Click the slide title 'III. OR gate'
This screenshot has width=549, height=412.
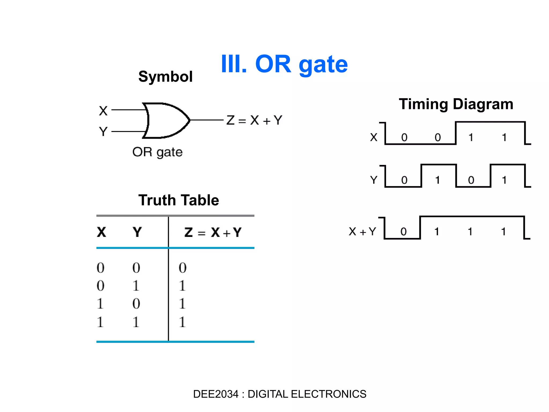[284, 64]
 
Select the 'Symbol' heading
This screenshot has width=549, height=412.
[165, 77]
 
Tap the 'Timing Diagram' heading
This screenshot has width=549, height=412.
[456, 104]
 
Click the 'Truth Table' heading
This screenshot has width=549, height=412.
[179, 200]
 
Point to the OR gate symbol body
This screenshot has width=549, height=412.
[165, 120]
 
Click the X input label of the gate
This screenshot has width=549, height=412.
[103, 111]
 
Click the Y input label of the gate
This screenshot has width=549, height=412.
[103, 131]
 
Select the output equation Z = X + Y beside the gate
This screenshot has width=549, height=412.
[254, 120]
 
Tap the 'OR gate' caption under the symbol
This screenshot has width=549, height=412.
[157, 152]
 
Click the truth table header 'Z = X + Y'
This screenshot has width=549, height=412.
[213, 232]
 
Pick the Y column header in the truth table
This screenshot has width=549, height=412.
[137, 232]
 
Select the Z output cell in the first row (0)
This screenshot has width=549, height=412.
[183, 268]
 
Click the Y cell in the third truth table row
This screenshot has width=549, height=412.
[136, 304]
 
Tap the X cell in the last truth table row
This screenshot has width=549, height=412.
[100, 322]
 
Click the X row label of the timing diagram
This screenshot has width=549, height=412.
[374, 137]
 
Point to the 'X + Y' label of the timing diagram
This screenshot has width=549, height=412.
[362, 231]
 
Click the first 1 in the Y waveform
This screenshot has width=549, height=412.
[437, 180]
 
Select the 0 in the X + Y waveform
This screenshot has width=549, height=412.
[403, 232]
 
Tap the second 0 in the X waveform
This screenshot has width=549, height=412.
[437, 137]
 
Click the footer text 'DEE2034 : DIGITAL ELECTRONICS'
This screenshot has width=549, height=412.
[280, 394]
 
